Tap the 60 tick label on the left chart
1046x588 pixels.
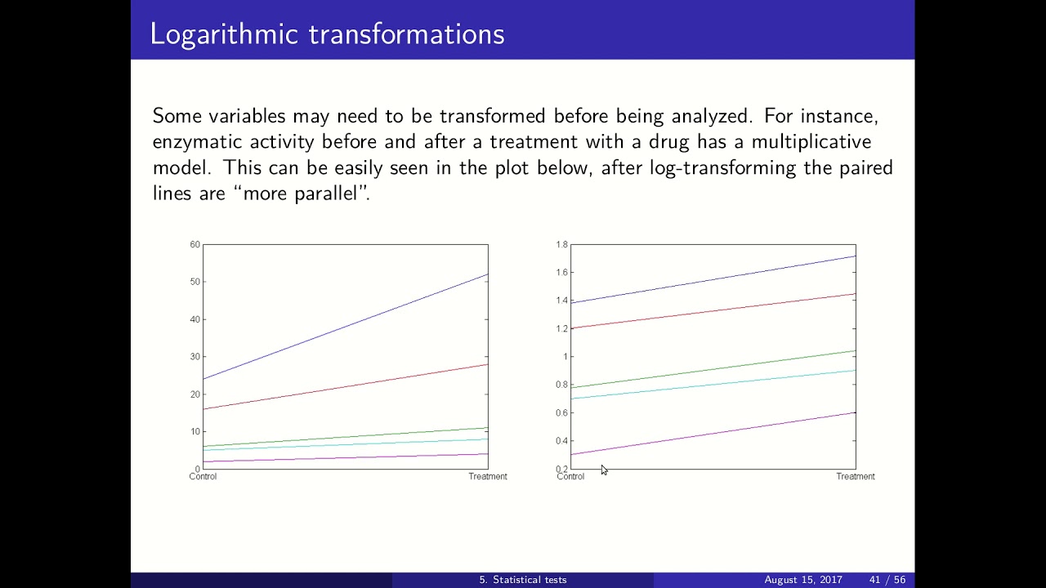194,244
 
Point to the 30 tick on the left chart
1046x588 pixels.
194,357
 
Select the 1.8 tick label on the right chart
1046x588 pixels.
561,244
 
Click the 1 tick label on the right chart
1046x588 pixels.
564,357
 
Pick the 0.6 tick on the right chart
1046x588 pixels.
561,413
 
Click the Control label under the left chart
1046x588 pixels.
203,476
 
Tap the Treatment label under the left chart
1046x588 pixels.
487,476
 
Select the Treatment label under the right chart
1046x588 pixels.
855,476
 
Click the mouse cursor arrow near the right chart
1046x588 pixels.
604,470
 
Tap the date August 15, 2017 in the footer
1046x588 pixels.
802,580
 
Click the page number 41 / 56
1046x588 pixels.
887,580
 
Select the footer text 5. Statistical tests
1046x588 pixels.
522,580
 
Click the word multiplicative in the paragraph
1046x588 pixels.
811,142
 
